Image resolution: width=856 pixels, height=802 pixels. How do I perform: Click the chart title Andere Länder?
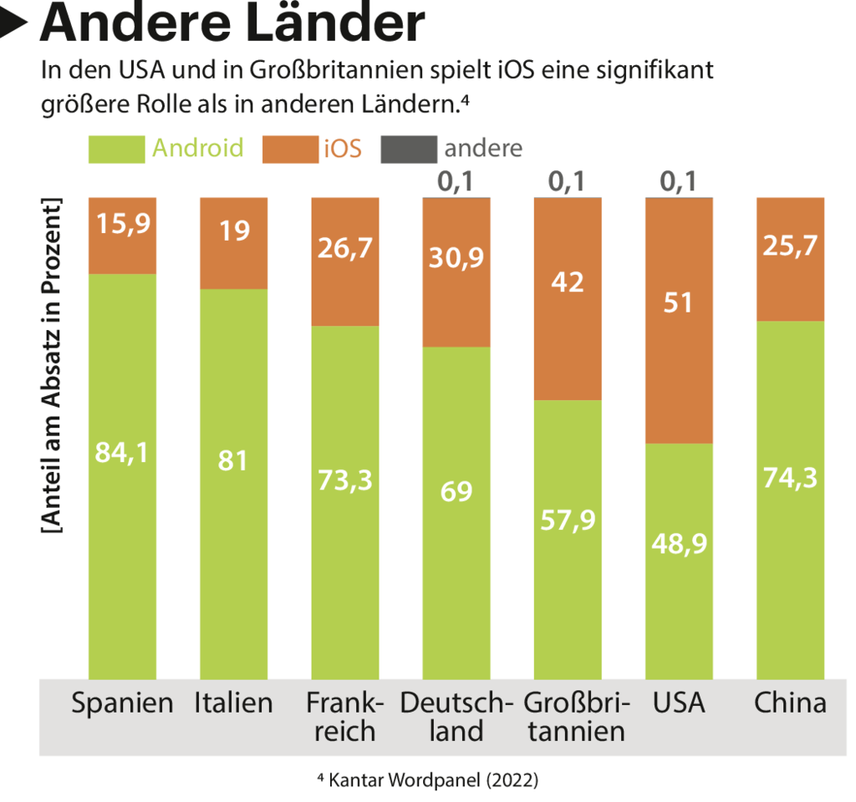click(232, 24)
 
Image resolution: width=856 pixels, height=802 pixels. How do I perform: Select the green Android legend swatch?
click(116, 149)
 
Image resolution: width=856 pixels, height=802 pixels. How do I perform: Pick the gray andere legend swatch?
click(408, 149)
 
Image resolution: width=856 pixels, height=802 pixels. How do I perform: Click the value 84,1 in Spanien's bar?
click(122, 454)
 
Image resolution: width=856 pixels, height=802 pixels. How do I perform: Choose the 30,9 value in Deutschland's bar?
click(456, 258)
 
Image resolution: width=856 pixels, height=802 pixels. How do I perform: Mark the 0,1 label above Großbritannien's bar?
click(567, 181)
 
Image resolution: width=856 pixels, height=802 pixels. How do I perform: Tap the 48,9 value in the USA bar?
click(678, 543)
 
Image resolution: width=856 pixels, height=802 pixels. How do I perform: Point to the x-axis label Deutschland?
click(456, 717)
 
